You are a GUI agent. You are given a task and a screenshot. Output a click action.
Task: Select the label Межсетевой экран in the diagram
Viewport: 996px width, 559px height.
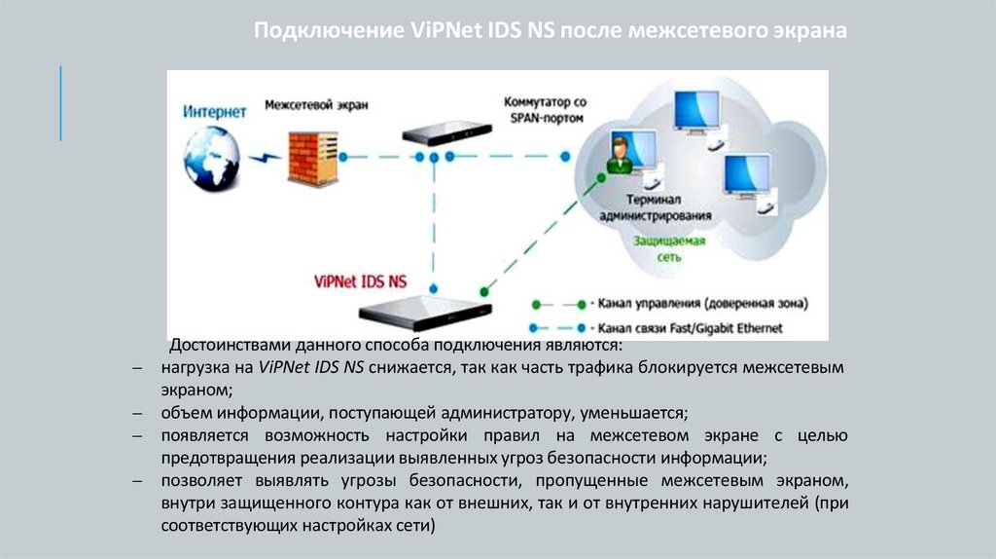[310, 104]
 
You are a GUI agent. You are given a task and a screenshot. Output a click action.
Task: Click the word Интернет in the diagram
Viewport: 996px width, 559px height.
[215, 112]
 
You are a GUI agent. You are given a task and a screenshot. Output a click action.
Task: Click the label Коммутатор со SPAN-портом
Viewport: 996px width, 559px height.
[545, 108]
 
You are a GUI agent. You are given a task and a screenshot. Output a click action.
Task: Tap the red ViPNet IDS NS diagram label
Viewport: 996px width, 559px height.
[361, 282]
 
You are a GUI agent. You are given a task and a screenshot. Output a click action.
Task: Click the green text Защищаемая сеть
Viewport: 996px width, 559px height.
[669, 249]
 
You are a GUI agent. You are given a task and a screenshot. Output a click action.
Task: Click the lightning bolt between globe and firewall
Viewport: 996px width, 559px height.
[261, 158]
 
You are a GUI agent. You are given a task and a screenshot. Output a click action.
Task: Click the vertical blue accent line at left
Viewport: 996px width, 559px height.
[61, 102]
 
